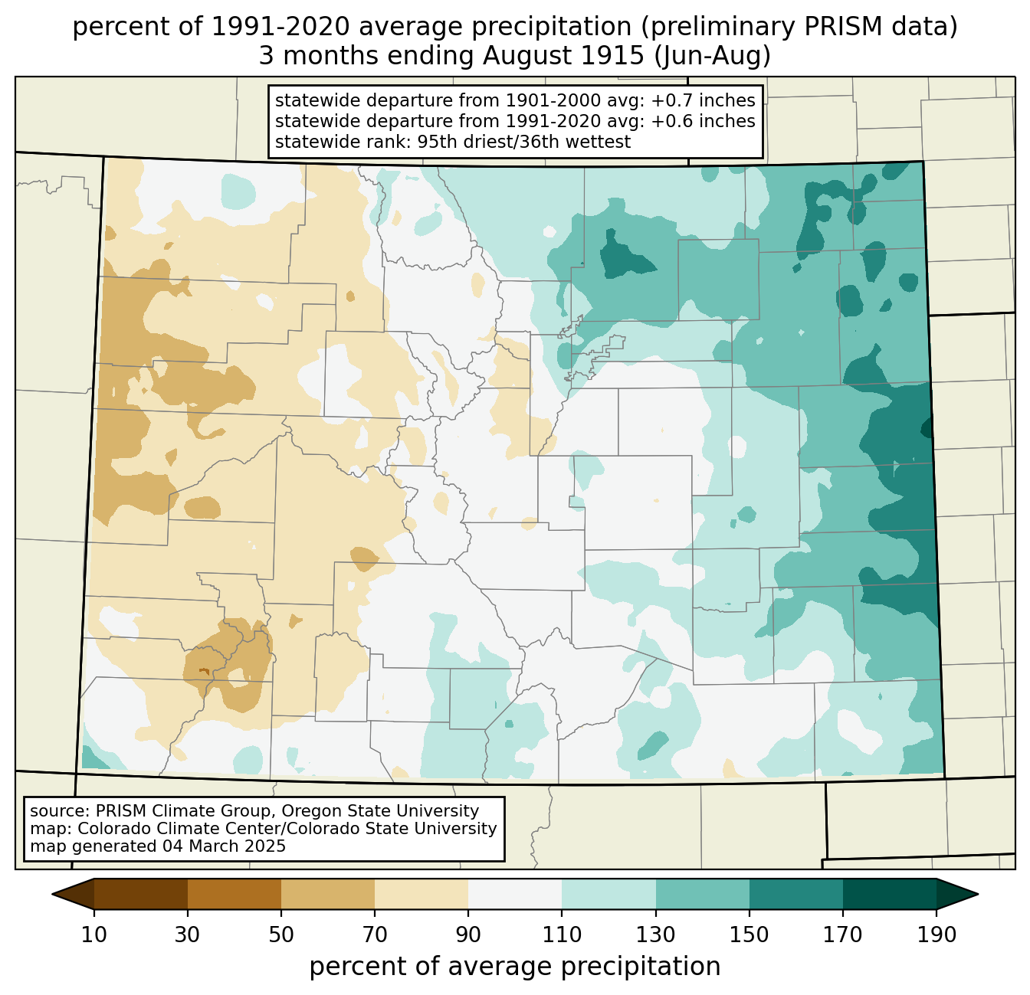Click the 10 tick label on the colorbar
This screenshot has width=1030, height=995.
(x=93, y=934)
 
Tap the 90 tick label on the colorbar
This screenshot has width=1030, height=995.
(x=468, y=934)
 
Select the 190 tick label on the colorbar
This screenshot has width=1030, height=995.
(x=937, y=934)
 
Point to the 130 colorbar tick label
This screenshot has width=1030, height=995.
(x=655, y=934)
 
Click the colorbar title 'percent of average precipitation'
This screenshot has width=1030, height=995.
(x=514, y=967)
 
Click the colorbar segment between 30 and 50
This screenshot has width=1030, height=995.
(x=234, y=894)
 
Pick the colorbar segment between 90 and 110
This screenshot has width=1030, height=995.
(x=515, y=894)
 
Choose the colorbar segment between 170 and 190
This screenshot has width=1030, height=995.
(x=889, y=894)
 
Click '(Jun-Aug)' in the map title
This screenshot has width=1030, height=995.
(x=713, y=57)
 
